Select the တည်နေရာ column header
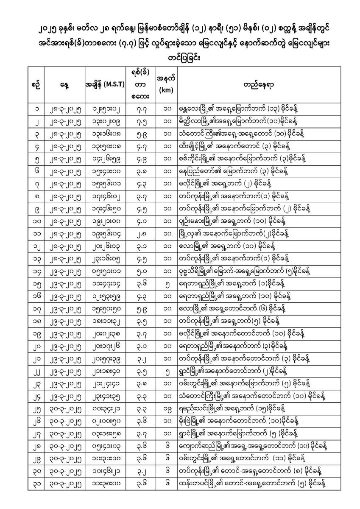pos(259,84)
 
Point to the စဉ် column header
pos(36,84)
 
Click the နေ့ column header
pos(64,84)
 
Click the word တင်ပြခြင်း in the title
pos(180,57)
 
